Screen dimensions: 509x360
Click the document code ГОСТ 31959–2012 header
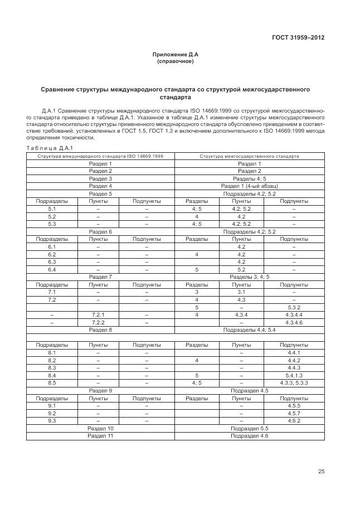(x=298, y=38)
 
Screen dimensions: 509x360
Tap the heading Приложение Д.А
(x=176, y=54)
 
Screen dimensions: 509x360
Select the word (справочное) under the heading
(x=176, y=61)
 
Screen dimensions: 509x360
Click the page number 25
(x=321, y=471)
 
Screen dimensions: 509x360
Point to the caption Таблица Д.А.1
(x=50, y=148)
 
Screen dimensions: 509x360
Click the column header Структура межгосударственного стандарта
(x=249, y=156)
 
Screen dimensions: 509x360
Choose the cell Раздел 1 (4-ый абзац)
(x=249, y=186)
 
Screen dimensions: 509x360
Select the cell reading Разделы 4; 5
(x=249, y=178)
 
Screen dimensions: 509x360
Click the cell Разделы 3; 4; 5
(x=249, y=277)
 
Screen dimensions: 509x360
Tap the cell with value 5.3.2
(x=294, y=307)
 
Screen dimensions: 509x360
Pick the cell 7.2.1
(x=98, y=314)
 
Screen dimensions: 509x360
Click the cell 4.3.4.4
(x=294, y=314)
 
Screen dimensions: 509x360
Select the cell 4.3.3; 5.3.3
(x=294, y=383)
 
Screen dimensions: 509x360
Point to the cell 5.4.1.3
(x=294, y=375)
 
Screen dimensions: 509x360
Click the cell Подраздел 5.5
(x=249, y=428)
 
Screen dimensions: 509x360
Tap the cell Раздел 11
(x=100, y=435)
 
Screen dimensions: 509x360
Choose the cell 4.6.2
(x=294, y=420)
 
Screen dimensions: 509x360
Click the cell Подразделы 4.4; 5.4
(x=249, y=330)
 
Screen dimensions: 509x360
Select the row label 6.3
(x=52, y=261)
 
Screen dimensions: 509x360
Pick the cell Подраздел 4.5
(x=249, y=390)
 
